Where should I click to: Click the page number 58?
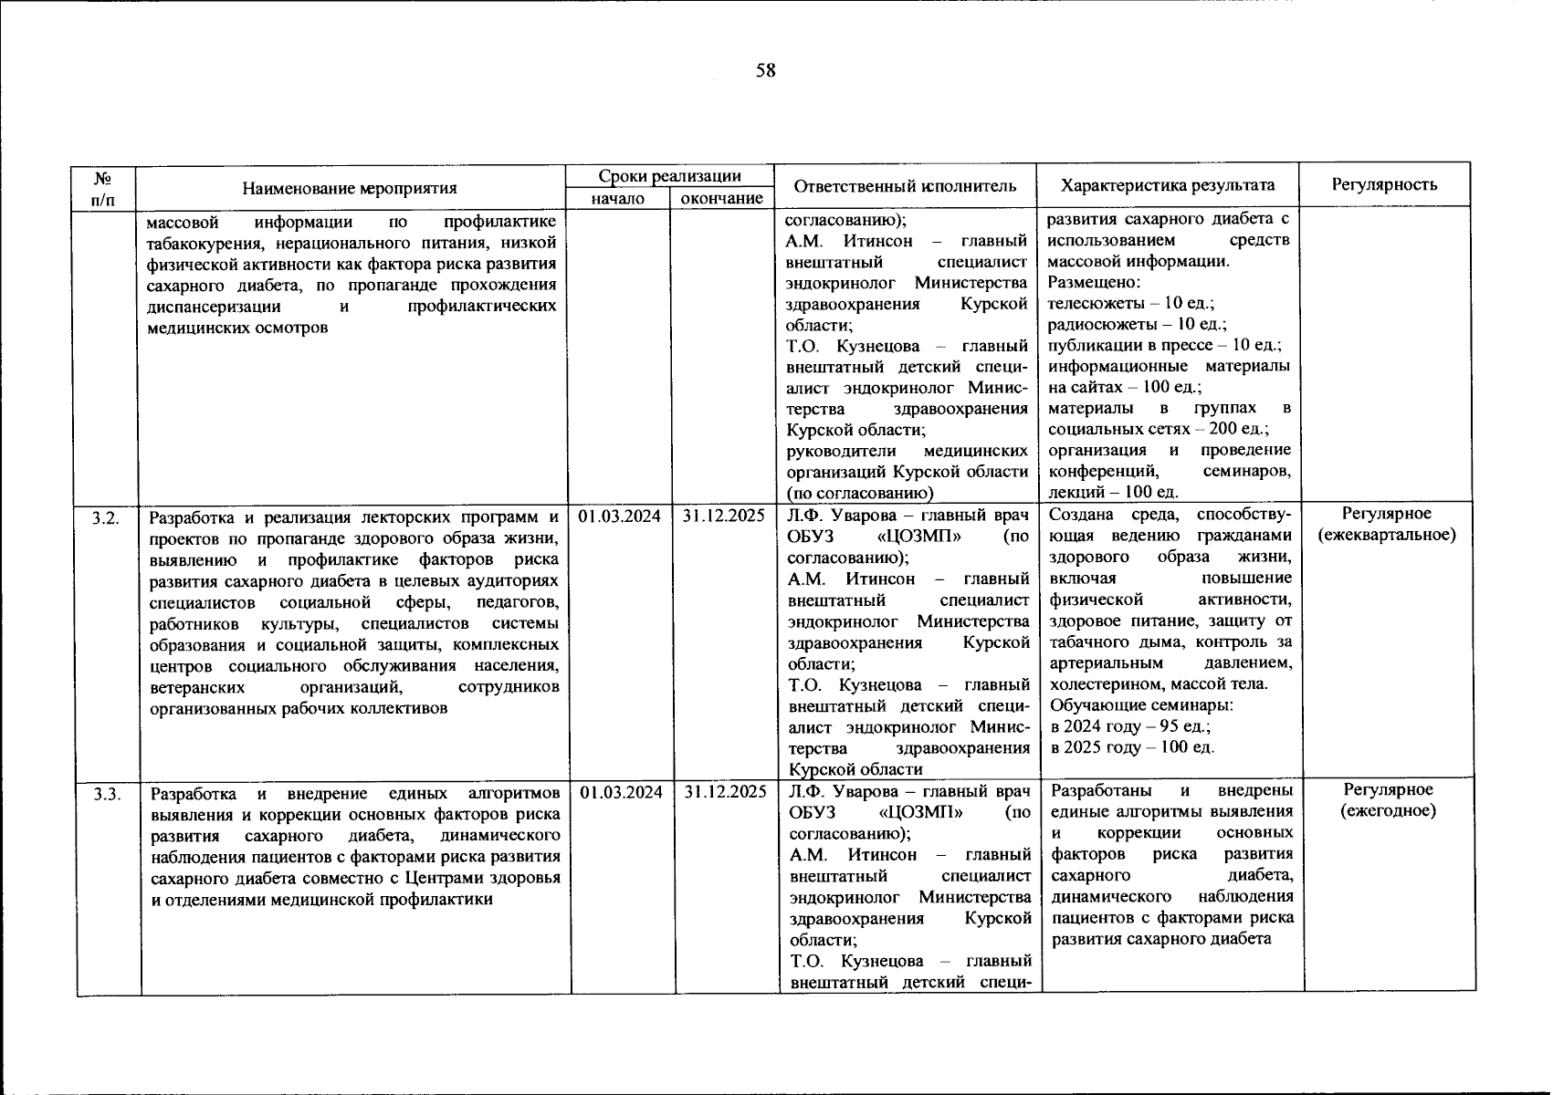[x=765, y=70]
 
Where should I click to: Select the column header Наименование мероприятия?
[x=350, y=188]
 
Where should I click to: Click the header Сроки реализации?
[x=669, y=176]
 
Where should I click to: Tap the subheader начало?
[x=617, y=199]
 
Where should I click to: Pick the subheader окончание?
[x=721, y=199]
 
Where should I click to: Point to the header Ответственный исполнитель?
[x=905, y=186]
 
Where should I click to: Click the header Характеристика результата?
[x=1168, y=185]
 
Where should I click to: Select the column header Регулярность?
[x=1384, y=184]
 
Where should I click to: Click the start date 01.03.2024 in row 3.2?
[x=620, y=516]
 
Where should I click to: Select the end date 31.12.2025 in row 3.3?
[x=725, y=792]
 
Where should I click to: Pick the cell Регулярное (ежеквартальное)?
[x=1387, y=525]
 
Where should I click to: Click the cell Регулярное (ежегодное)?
[x=1388, y=800]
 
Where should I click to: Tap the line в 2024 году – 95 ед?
[x=1130, y=726]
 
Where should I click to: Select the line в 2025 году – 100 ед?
[x=1133, y=747]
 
